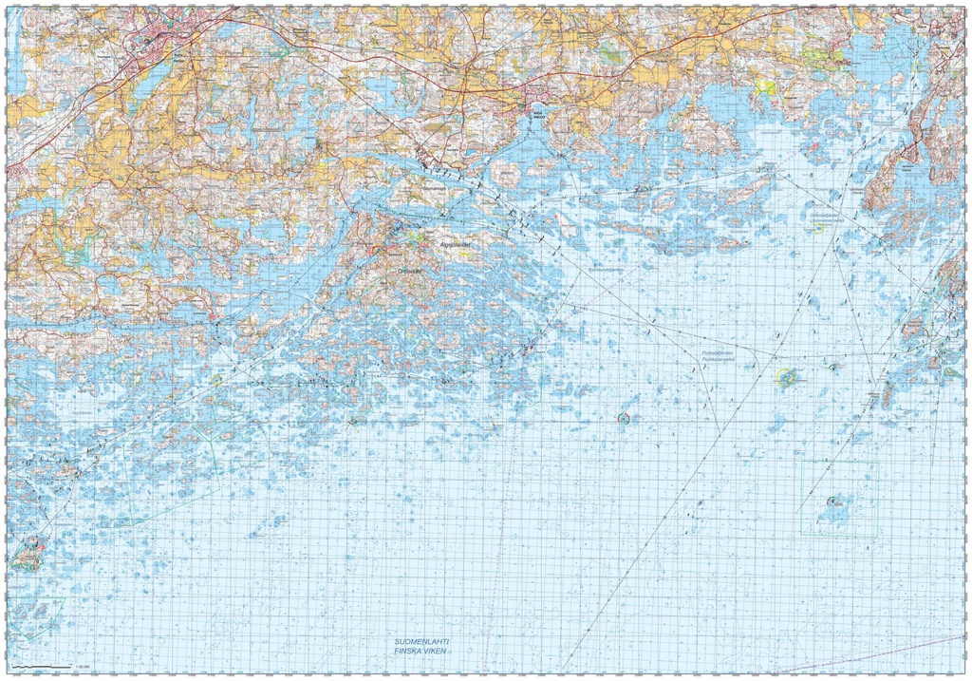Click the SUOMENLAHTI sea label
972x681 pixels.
pos(421,642)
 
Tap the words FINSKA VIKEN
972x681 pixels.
pos(421,653)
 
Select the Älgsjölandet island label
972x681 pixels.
pos(456,243)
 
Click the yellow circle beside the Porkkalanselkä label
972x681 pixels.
pos(786,377)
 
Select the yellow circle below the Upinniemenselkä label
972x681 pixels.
pos(818,228)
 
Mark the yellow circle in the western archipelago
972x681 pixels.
pos(217,380)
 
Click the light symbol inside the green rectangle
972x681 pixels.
pos(834,501)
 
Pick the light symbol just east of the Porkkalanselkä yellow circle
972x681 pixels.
pos(833,367)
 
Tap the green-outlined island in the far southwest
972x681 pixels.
pos(28,552)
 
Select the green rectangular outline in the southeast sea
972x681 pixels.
pos(839,501)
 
